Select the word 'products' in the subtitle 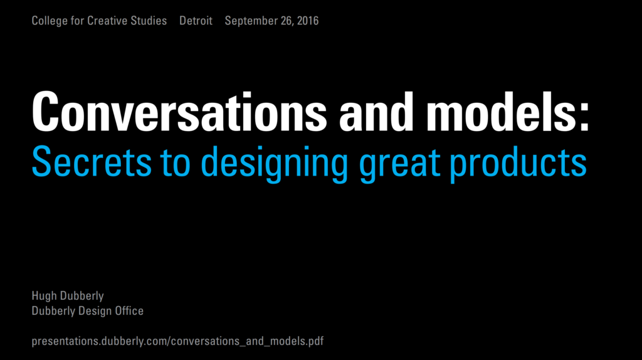pyautogui.click(x=518, y=163)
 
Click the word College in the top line pyautogui.click(x=50, y=21)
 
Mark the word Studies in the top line pyautogui.click(x=150, y=21)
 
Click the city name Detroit pyautogui.click(x=196, y=21)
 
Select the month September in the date pyautogui.click(x=251, y=21)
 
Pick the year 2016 pyautogui.click(x=308, y=21)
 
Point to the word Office pyautogui.click(x=129, y=310)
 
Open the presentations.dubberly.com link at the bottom pyautogui.click(x=177, y=342)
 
